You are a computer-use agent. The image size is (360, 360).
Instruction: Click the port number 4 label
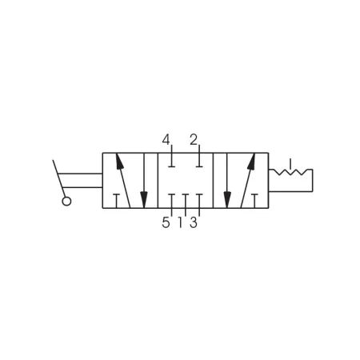[166, 140]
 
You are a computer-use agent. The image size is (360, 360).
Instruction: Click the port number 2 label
[194, 140]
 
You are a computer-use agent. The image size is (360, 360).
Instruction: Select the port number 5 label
[166, 222]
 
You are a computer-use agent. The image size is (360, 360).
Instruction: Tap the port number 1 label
[180, 222]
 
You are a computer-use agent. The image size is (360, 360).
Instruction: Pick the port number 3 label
[194, 222]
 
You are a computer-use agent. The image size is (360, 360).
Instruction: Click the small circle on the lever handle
[66, 202]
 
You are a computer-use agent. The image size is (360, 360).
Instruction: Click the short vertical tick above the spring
[290, 164]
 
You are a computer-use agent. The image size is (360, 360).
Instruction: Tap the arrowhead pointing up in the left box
[119, 161]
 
